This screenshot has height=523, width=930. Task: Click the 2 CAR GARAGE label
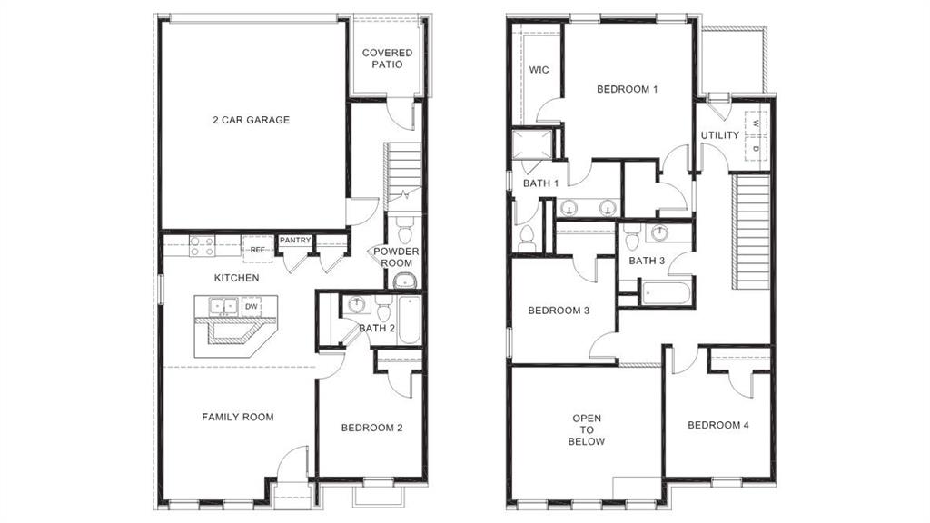251,120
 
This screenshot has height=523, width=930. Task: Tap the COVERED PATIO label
387,59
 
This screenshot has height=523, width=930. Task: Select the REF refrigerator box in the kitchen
257,249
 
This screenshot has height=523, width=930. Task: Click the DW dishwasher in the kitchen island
250,306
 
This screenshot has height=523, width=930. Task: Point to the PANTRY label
295,241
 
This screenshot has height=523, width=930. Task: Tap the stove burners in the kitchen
202,246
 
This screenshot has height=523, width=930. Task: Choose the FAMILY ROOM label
237,418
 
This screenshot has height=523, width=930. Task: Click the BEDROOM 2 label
371,428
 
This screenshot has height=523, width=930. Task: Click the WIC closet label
539,70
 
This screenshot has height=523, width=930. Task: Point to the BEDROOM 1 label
627,89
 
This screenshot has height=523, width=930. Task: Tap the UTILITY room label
720,135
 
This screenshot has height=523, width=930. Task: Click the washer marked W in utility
756,123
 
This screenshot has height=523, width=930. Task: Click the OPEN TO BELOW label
587,430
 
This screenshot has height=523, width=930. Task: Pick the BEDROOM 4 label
718,425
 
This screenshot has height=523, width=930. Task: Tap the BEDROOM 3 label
559,311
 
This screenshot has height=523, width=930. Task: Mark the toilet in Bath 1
527,239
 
